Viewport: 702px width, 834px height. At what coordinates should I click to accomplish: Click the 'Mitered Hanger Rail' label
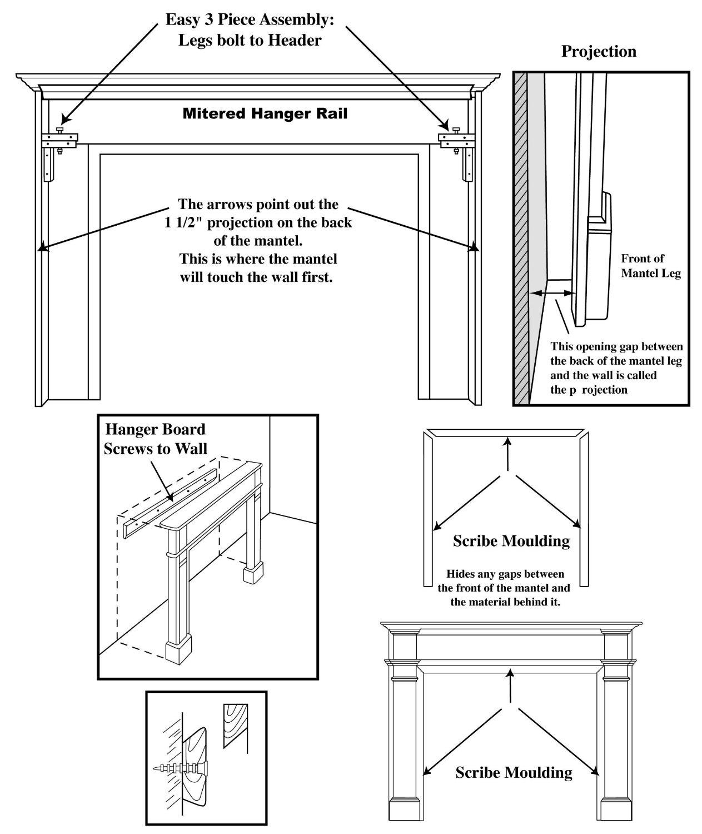click(x=265, y=114)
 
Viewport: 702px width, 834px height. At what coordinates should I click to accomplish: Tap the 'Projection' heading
click(x=599, y=52)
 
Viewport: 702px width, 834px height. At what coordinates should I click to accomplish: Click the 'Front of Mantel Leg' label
click(x=650, y=266)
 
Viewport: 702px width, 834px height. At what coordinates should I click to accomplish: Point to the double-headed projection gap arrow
click(x=550, y=292)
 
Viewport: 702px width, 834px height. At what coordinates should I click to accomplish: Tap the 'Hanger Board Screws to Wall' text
click(x=156, y=439)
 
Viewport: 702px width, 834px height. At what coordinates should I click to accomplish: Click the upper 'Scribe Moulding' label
click(x=511, y=540)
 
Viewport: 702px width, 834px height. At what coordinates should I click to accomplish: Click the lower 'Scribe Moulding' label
click(x=514, y=772)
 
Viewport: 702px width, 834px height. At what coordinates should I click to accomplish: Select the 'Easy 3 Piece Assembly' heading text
click(x=250, y=19)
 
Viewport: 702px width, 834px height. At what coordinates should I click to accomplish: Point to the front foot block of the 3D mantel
click(x=179, y=648)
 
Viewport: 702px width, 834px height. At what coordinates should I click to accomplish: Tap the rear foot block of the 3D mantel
click(x=253, y=572)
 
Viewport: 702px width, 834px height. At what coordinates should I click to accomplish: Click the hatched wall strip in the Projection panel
click(x=521, y=239)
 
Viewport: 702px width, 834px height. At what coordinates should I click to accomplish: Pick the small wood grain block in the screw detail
click(x=235, y=725)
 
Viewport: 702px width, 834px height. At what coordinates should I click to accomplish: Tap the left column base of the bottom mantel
click(x=404, y=808)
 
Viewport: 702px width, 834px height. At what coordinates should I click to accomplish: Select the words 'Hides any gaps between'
click(x=505, y=574)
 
